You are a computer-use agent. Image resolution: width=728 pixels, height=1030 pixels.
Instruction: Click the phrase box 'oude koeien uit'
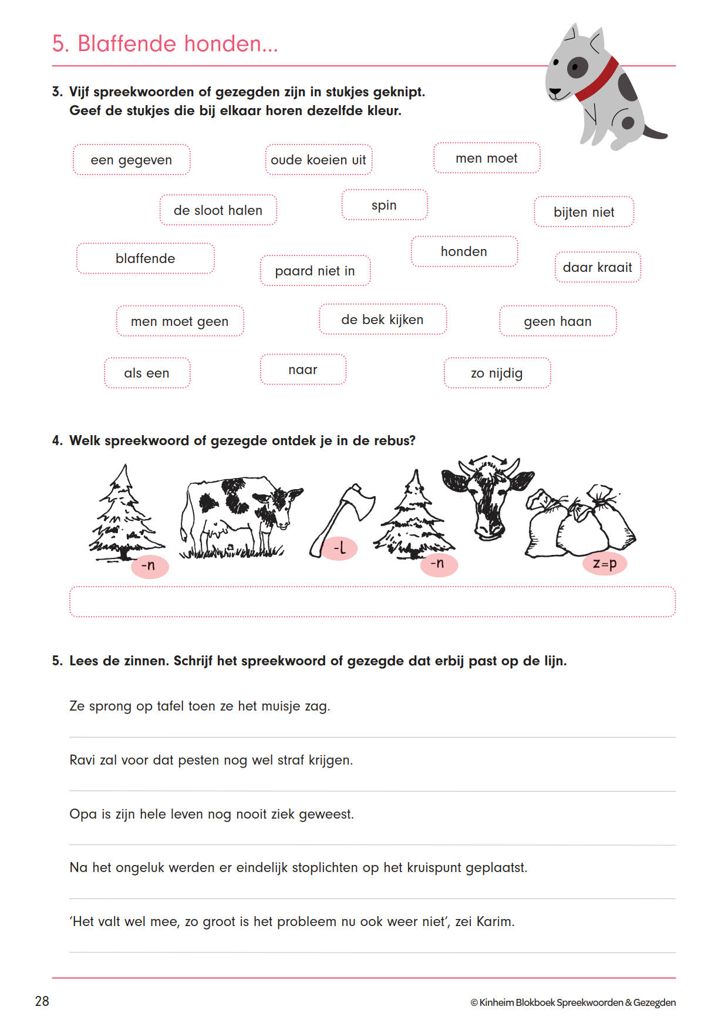[x=318, y=160]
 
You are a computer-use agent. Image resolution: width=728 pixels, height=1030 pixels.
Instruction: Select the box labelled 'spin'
[x=385, y=205]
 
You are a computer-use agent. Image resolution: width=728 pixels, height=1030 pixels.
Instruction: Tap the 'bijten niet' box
[x=584, y=212]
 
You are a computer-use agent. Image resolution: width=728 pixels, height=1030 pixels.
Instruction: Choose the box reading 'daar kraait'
[x=597, y=267]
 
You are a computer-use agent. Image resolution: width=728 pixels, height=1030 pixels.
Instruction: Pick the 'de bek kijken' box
[x=382, y=319]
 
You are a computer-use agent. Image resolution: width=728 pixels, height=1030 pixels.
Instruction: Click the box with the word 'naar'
[x=303, y=369]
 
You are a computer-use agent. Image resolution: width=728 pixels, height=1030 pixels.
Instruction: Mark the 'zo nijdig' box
[x=497, y=373]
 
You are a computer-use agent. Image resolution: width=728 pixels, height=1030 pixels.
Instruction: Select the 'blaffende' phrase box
[x=145, y=258]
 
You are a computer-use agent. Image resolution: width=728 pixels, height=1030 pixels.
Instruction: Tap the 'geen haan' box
[x=557, y=321]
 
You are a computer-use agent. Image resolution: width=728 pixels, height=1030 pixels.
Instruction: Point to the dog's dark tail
[x=655, y=132]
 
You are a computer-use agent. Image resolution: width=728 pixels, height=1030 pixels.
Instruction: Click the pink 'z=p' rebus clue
[x=604, y=564]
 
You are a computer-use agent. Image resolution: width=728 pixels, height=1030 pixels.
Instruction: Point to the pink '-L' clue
[x=339, y=548]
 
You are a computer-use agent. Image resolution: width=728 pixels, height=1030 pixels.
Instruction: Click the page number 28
[x=42, y=1001]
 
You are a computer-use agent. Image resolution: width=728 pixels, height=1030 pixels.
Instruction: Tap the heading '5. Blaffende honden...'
[x=165, y=43]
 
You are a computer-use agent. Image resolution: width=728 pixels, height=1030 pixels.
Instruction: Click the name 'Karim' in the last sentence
[x=494, y=921]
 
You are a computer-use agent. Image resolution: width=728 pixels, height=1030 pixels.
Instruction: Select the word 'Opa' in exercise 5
[x=83, y=814]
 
